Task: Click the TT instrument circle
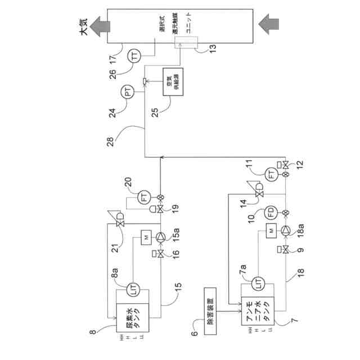tap(135, 55)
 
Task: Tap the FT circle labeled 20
tap(144, 198)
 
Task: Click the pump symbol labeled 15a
tap(161, 237)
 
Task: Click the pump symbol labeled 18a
tap(286, 230)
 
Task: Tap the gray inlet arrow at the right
tap(269, 25)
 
